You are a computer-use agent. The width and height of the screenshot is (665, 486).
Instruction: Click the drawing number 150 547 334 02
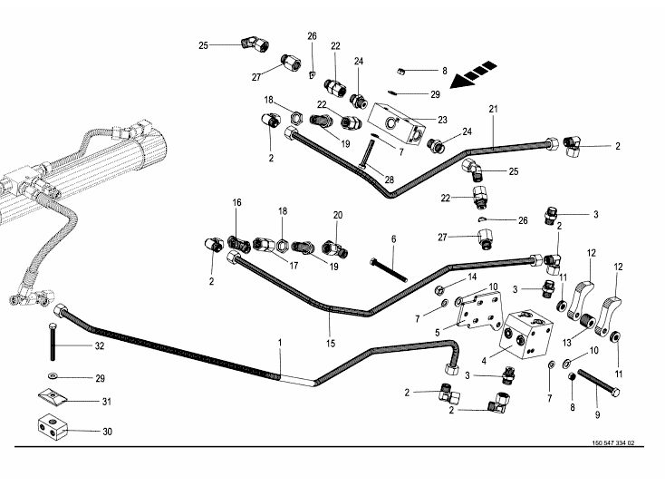pos(612,443)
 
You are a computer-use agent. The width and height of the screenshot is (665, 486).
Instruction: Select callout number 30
pos(107,432)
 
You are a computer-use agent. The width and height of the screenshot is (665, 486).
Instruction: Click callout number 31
pos(107,402)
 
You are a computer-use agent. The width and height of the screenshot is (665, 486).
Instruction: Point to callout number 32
pos(100,346)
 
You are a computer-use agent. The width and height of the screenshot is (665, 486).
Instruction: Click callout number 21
pos(494,110)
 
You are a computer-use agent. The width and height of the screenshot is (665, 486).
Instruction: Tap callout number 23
pos(443,120)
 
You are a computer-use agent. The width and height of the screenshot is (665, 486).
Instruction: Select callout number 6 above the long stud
pos(393,238)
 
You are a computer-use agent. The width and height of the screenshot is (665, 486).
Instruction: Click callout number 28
pos(390,180)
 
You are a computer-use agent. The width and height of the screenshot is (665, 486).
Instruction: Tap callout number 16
pos(237,203)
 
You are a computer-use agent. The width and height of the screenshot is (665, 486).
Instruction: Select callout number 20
pos(337,215)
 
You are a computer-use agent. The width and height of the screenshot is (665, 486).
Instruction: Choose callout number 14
pos(471,277)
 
